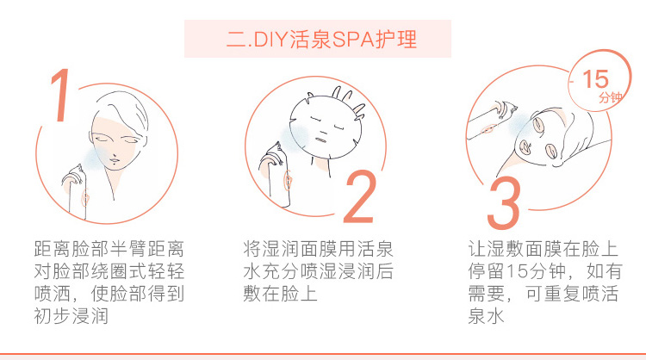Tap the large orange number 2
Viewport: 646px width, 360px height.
(x=360, y=197)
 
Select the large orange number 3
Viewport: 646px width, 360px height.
(x=504, y=202)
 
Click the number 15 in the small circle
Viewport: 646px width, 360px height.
(x=595, y=79)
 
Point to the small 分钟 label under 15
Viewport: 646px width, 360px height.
(x=610, y=97)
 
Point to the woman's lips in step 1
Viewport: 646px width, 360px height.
(x=114, y=158)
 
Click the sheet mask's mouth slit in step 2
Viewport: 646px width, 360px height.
(x=322, y=140)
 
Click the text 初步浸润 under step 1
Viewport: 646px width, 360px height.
(x=71, y=316)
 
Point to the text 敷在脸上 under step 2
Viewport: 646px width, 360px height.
(x=280, y=294)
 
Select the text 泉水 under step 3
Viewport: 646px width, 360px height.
(x=486, y=316)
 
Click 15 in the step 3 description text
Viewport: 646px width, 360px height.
(x=517, y=271)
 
